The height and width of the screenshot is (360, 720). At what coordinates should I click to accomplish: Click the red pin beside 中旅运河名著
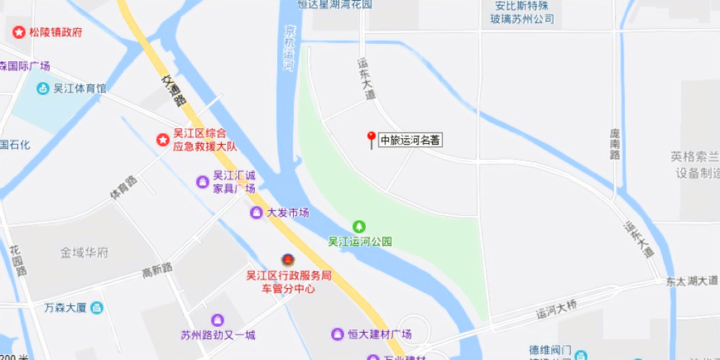tap(372, 138)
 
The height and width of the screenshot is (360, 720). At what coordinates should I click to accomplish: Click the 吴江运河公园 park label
tap(360, 242)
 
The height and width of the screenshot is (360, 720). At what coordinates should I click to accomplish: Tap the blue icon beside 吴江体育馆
tap(43, 89)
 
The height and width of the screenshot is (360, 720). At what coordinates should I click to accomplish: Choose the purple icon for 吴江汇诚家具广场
tap(203, 181)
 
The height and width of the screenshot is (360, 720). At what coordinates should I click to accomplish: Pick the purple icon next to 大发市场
tap(256, 212)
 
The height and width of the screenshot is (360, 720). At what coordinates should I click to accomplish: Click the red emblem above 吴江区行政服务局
tap(287, 259)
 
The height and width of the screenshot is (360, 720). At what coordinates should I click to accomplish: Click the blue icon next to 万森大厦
tap(96, 308)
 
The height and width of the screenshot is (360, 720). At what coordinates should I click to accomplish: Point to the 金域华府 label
tap(84, 253)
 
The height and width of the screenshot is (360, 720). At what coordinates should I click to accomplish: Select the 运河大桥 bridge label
tap(557, 310)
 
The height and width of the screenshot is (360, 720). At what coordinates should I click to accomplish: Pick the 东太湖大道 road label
tap(692, 281)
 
